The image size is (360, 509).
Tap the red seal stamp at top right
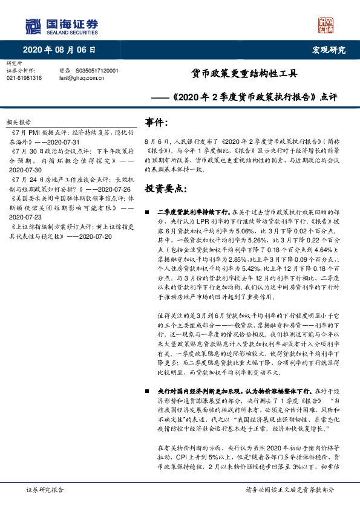click(326, 25)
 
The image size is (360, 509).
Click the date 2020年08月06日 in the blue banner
click(59, 50)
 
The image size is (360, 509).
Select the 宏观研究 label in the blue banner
click(329, 50)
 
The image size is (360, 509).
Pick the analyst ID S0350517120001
click(97, 71)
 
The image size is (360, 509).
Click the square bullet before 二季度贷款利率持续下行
click(148, 213)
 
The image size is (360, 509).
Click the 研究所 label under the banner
click(13, 63)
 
